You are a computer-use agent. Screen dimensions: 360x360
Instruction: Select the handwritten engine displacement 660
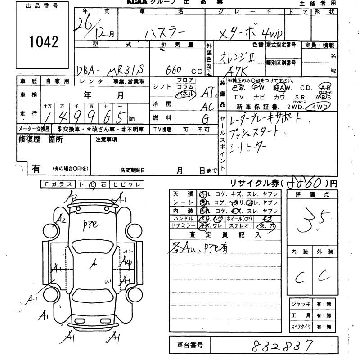[173, 70]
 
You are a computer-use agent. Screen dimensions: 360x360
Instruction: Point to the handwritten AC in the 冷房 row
[207, 106]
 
